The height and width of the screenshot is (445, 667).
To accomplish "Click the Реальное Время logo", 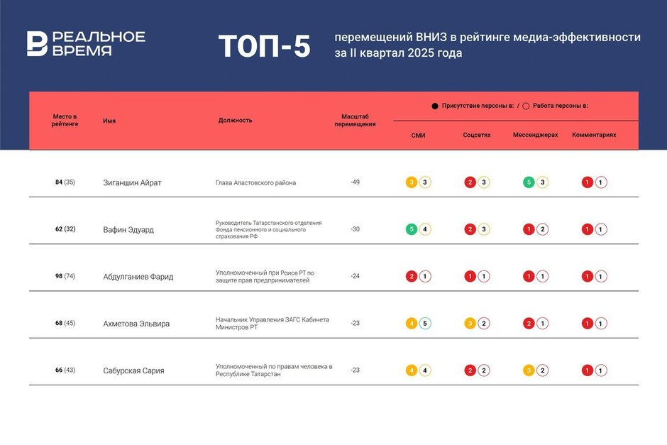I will point(85,43).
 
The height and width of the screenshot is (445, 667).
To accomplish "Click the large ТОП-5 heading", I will point(264,46).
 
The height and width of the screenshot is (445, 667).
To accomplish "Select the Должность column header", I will point(235,120).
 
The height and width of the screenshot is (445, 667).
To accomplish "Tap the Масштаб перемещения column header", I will point(355,120).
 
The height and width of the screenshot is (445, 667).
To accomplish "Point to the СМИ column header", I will point(418,135).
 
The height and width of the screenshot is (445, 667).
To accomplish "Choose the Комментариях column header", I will point(594,135).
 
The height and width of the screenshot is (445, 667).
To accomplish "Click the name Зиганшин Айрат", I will point(132,182).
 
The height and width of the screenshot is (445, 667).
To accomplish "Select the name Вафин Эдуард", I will point(128,229).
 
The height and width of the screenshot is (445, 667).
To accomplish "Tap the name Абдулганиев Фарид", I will point(138,276).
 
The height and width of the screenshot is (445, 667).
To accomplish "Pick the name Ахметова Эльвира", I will point(136,324).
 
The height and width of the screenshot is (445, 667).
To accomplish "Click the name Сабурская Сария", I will point(133,370).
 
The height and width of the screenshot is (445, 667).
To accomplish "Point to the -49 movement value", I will point(355,182).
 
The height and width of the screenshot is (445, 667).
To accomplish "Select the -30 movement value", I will point(355,229).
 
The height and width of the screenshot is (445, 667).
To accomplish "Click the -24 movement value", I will point(355,276).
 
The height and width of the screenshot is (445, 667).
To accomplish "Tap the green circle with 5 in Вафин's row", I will point(412,229).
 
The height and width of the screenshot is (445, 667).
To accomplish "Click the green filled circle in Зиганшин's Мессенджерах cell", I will point(529,182).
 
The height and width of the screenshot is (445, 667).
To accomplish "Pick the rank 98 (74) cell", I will point(65,276).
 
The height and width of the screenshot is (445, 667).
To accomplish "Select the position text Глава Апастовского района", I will point(255,182).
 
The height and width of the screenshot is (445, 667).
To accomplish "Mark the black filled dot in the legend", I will point(435,106).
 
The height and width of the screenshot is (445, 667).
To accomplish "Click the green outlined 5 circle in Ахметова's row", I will point(424,324).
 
